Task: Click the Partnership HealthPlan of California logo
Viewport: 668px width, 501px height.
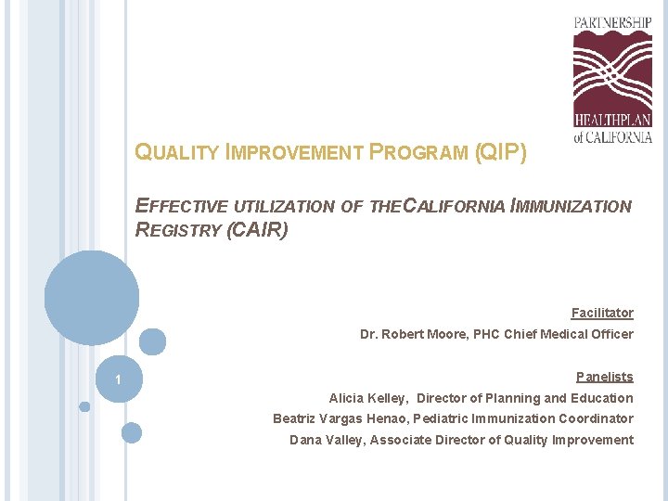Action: coord(612,80)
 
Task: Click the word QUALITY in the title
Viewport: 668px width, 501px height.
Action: coord(177,153)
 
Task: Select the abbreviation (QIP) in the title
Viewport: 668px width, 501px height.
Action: coord(500,152)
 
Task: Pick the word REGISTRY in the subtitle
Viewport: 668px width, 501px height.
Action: coord(178,230)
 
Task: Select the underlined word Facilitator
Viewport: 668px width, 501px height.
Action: coord(602,314)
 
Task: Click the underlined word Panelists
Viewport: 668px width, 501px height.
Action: coord(604,377)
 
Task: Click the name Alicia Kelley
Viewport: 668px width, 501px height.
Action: coord(367,398)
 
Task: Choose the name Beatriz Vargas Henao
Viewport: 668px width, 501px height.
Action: coord(340,418)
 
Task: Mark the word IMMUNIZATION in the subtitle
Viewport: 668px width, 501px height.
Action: coord(570,207)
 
